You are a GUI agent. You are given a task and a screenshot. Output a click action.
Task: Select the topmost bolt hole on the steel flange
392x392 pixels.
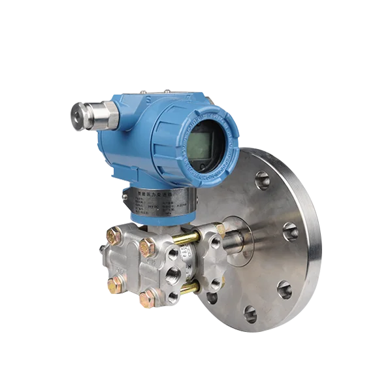262,177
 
